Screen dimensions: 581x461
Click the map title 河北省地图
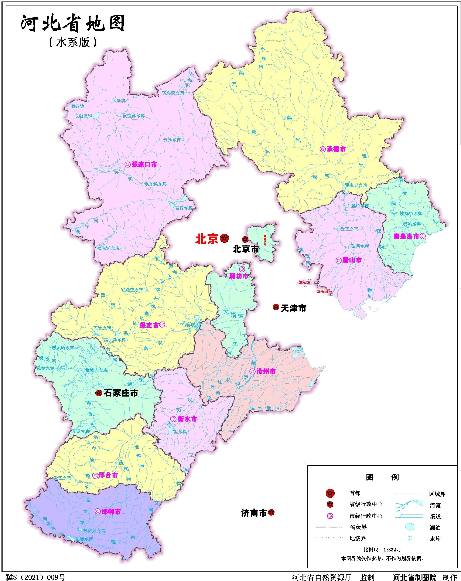pos(73,24)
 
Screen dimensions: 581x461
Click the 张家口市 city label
pos(144,165)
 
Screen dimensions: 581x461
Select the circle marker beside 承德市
pos(322,149)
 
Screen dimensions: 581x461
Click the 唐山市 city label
pos(352,260)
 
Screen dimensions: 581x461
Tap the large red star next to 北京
pos(224,238)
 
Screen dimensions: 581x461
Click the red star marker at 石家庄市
pos(99,393)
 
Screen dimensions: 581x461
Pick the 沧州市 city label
pos(266,371)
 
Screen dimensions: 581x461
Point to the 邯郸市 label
pos(111,512)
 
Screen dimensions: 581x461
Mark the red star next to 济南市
pos(271,512)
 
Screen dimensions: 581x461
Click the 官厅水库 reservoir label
pos(184,208)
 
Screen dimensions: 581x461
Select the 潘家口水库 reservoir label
pos(356,185)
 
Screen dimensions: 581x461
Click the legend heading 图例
pos(382,477)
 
